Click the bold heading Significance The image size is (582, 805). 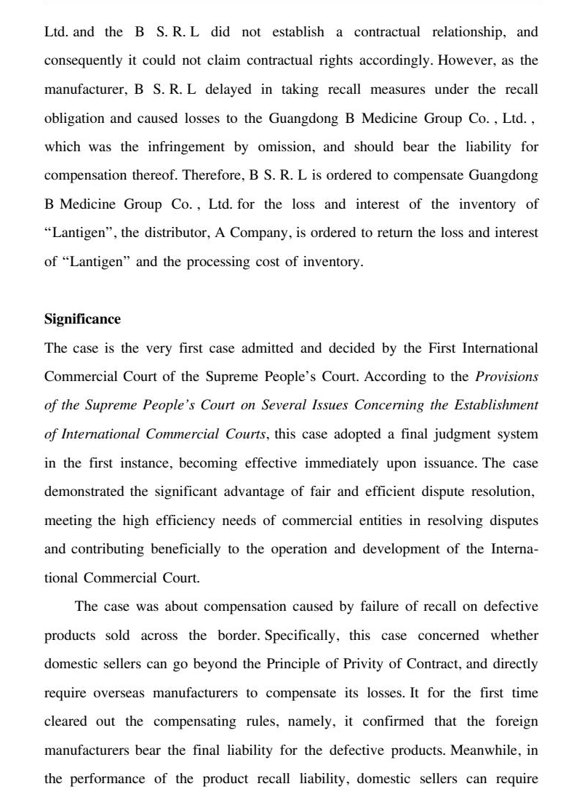pos(82,319)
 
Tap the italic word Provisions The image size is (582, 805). pos(506,376)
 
